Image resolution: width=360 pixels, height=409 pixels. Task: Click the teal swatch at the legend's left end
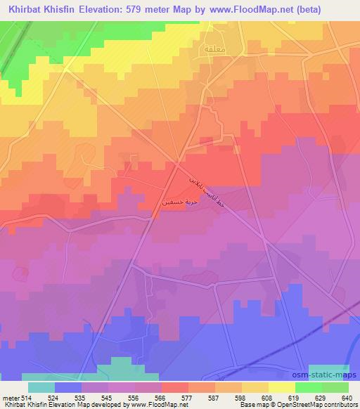[41, 387]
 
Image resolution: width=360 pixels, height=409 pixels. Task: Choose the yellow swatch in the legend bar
[282, 387]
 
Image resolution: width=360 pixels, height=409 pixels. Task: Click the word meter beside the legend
[10, 398]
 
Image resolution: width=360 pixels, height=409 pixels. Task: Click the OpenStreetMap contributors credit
[324, 405]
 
